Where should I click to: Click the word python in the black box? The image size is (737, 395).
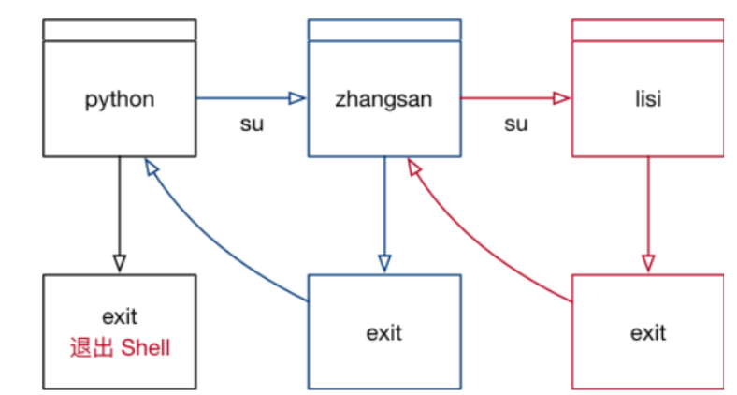(x=120, y=98)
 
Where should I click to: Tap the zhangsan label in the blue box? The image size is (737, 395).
(x=383, y=98)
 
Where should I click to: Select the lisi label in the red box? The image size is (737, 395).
(x=647, y=98)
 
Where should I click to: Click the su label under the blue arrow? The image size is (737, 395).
(x=252, y=124)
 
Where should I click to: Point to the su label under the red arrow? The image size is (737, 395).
(x=515, y=124)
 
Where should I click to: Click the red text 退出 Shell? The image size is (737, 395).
(x=120, y=348)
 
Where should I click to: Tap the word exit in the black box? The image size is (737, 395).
(x=120, y=318)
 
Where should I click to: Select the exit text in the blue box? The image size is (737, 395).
(x=383, y=331)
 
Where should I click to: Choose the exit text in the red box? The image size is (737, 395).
(x=647, y=331)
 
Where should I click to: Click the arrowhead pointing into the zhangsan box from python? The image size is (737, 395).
(x=297, y=97)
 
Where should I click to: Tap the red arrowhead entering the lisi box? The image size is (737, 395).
(x=561, y=97)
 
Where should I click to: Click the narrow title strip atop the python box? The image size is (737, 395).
(x=120, y=30)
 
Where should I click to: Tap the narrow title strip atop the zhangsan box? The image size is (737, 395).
(x=383, y=30)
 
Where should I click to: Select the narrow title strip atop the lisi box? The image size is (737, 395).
(x=647, y=30)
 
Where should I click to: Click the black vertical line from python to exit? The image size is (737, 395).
(x=120, y=206)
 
